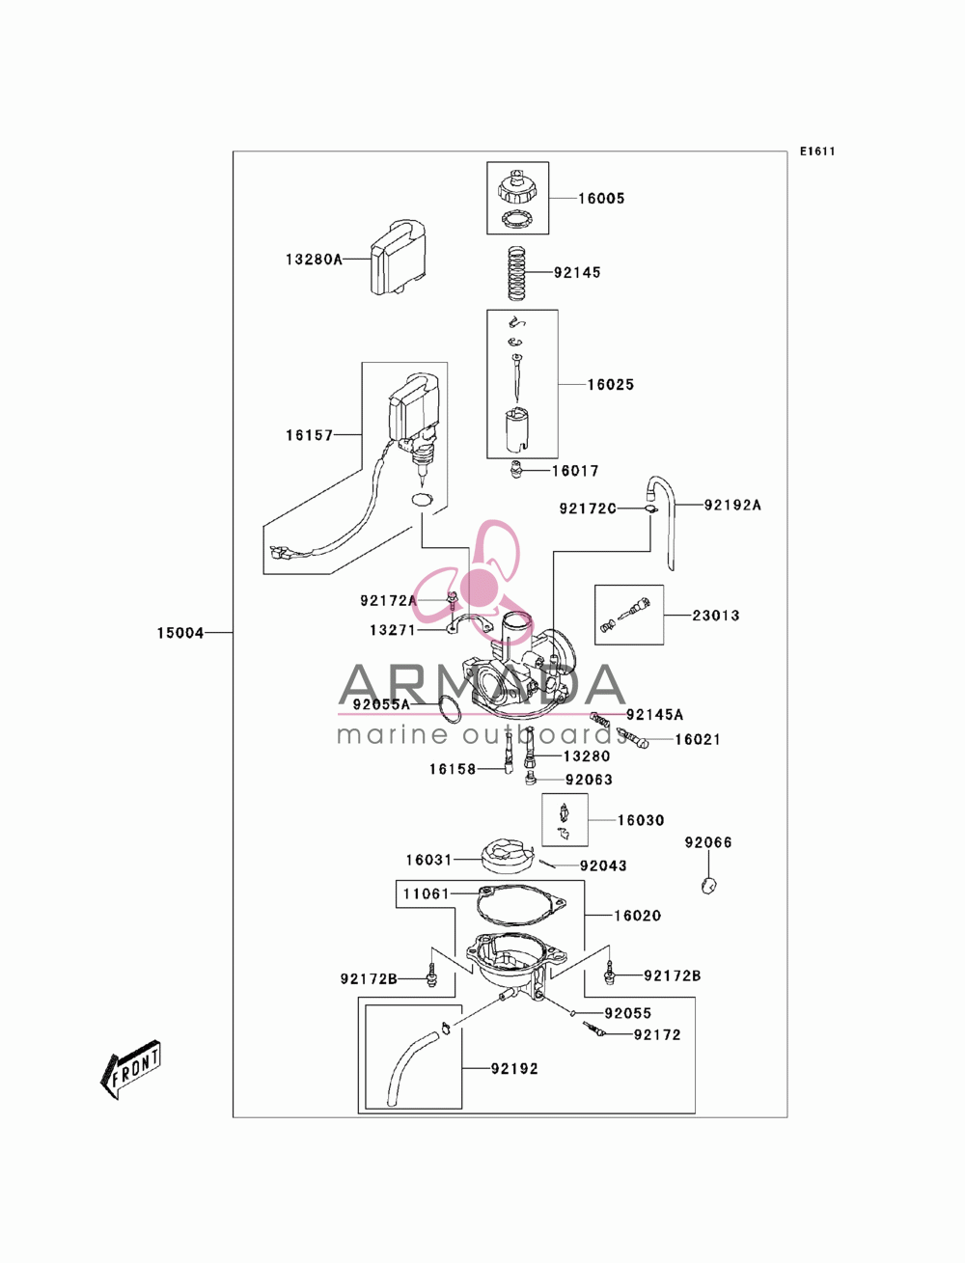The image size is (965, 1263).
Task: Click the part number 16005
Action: coord(601,199)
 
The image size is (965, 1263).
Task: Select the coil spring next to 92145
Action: coord(517,273)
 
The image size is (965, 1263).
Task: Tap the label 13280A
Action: coord(314,260)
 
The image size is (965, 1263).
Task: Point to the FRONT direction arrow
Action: coord(130,1068)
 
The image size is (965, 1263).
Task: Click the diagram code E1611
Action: coord(817,151)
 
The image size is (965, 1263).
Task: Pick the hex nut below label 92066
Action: coord(709,885)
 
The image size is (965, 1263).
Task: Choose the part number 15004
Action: coord(180,633)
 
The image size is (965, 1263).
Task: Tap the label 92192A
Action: coord(732,506)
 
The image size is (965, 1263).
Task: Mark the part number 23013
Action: coord(715,616)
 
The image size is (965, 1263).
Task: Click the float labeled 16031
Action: coord(505,855)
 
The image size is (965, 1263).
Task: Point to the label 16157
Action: coord(309,435)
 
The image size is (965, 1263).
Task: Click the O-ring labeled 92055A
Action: coord(450,709)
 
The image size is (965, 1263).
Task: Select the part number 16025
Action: coord(611,384)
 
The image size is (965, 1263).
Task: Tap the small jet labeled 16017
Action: coord(516,469)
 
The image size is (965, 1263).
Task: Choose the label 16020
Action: coord(638,916)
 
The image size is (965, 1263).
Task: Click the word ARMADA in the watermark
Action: coord(482,685)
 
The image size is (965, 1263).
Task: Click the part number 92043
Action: coord(603,865)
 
